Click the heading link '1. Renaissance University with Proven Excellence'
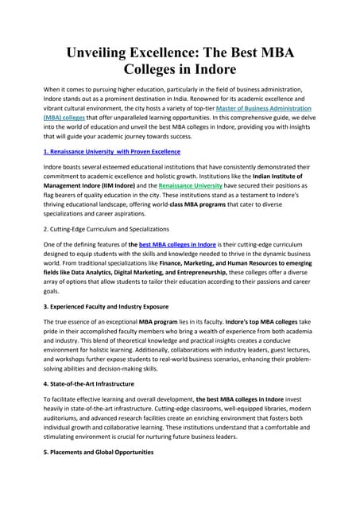pyautogui.click(x=112, y=150)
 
